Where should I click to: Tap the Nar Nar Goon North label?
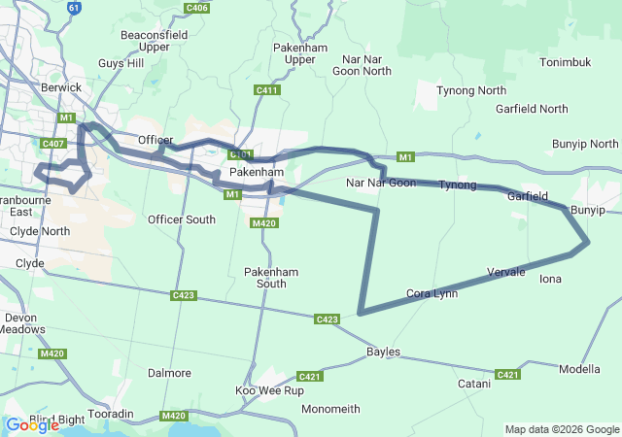[362, 65]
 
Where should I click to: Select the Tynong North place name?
[471, 90]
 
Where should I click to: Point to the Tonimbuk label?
[566, 62]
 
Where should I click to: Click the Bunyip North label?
[584, 144]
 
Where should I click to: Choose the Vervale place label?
[506, 272]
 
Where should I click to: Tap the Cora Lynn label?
[432, 293]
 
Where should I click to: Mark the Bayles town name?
[383, 352]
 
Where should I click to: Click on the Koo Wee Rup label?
[269, 390]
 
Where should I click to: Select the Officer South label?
[181, 219]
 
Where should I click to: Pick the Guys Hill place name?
[121, 63]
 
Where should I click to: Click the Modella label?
[579, 369]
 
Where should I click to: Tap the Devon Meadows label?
[20, 323]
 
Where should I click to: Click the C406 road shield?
[196, 8]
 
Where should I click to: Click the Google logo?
[32, 424]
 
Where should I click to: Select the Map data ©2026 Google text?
[561, 429]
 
